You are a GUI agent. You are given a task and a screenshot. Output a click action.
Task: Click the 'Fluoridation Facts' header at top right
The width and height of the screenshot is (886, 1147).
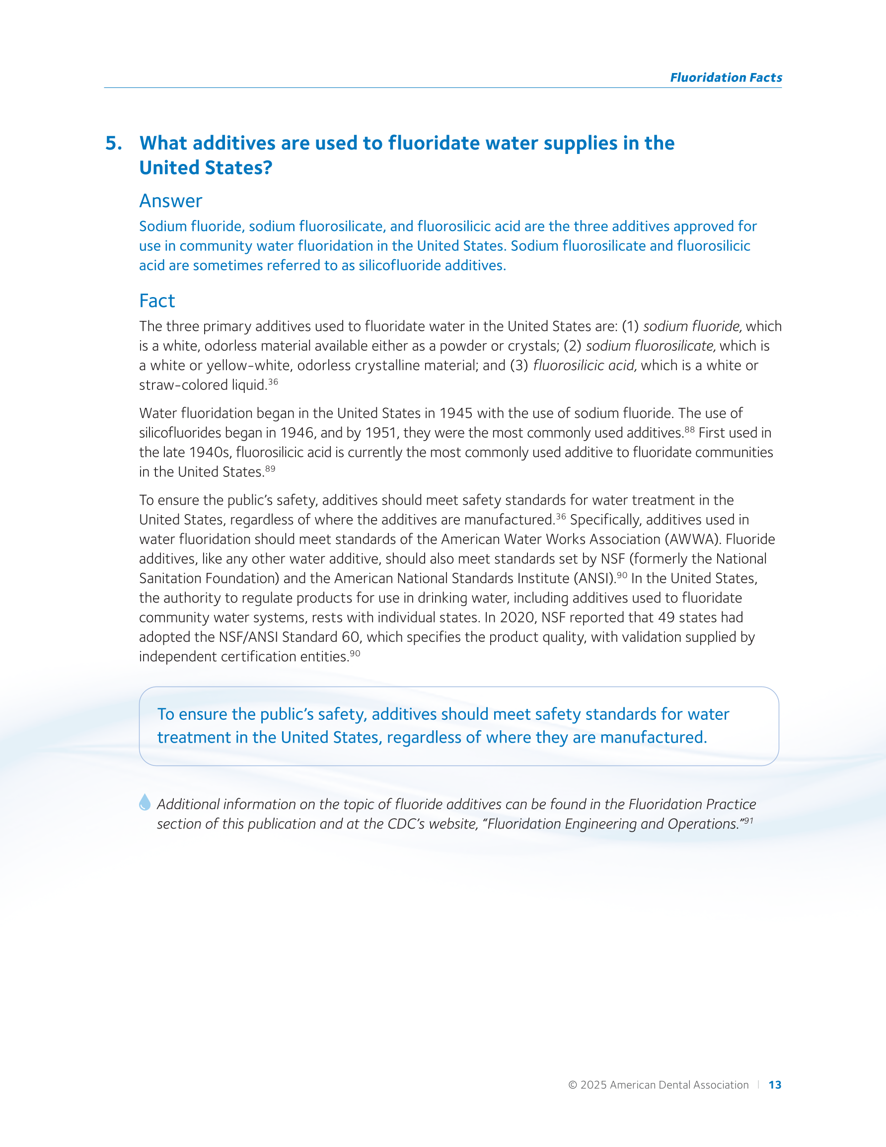[725, 77]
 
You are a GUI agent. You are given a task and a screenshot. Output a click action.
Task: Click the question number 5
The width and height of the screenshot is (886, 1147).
[113, 144]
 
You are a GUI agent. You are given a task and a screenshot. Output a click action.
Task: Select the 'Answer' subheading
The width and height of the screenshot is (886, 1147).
[170, 201]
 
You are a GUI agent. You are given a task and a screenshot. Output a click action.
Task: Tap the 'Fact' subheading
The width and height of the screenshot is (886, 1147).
[156, 301]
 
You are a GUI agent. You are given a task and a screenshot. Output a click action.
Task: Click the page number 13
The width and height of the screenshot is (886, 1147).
[775, 1085]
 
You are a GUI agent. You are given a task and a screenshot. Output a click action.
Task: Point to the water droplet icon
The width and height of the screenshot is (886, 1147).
[145, 802]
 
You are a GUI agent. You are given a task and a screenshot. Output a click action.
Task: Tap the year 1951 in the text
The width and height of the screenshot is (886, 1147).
[382, 433]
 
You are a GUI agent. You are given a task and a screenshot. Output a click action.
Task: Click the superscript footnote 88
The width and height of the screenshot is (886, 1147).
[689, 430]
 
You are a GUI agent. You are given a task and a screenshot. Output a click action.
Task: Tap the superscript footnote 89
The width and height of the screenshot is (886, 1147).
[270, 468]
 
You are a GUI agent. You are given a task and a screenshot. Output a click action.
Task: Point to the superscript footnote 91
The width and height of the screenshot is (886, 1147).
[748, 820]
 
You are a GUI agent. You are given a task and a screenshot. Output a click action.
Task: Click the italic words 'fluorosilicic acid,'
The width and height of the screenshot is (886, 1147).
[585, 366]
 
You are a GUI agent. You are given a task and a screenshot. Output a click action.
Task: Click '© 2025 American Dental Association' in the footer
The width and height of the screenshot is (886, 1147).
[658, 1085]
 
